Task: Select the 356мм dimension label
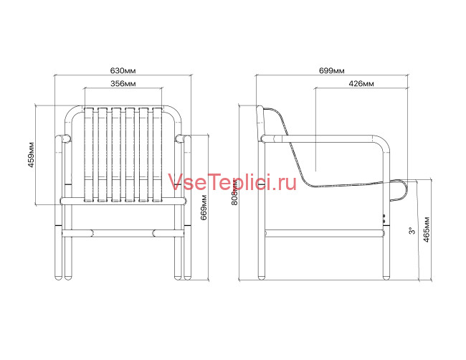coord(123,84)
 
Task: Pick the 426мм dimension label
coord(361,84)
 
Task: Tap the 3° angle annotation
coord(411,231)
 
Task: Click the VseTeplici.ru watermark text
coord(232,183)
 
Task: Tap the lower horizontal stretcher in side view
coord(323,232)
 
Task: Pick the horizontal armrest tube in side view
coord(323,138)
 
